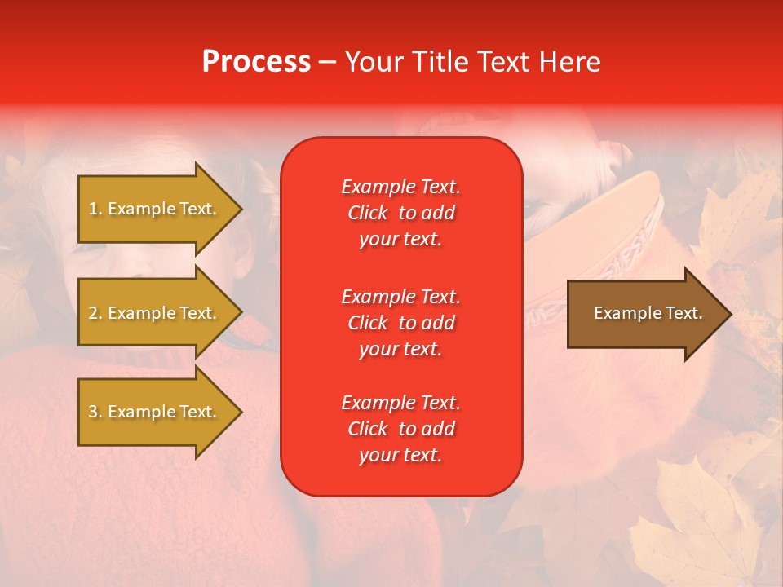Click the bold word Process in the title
click(x=256, y=62)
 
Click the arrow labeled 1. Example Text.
click(x=155, y=209)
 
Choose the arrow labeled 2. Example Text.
click(x=155, y=313)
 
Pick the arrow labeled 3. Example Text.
click(x=155, y=412)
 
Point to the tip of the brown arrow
click(x=728, y=314)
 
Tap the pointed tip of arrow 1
click(x=239, y=209)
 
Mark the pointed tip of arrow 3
click(x=239, y=412)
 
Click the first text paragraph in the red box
click(x=400, y=213)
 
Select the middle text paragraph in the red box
click(x=400, y=323)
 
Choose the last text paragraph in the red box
click(x=400, y=429)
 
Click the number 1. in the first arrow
click(x=95, y=209)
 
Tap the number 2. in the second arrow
click(x=95, y=313)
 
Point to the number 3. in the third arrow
click(x=95, y=412)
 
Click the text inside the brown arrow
click(x=648, y=313)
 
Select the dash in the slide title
click(x=327, y=62)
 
